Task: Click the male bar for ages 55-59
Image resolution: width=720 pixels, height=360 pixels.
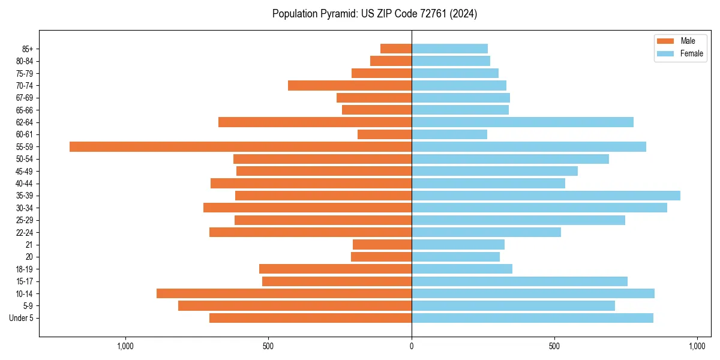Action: tap(240, 146)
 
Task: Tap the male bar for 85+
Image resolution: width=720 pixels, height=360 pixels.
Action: tap(396, 49)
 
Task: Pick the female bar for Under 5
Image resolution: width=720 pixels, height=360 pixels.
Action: tap(532, 318)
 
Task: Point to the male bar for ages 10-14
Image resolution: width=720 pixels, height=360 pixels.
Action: tap(284, 293)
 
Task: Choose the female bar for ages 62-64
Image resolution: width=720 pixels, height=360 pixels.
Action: tap(522, 122)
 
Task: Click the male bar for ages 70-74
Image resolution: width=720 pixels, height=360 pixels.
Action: tap(350, 85)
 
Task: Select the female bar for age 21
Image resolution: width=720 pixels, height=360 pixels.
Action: tap(458, 244)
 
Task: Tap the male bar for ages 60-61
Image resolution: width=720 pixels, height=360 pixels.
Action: tap(385, 134)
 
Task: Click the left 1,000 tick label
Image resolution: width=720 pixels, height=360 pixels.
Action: tap(125, 347)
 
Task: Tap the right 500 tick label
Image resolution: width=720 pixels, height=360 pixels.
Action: tap(554, 347)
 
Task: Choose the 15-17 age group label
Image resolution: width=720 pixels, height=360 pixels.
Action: tap(25, 281)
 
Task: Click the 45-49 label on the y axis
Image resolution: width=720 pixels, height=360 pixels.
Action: tap(25, 171)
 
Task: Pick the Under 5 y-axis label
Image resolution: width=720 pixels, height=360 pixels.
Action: tap(21, 318)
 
